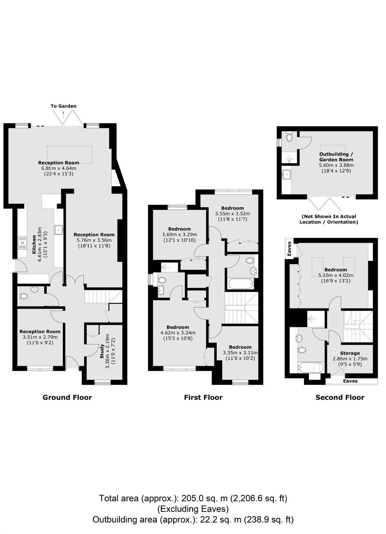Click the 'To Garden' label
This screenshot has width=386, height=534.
coord(64,106)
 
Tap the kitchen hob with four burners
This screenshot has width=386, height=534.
coord(23,242)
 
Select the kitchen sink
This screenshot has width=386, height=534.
coord(58,230)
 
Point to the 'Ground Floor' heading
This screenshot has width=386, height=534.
coord(67,397)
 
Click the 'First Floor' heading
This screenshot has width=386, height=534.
coord(203,397)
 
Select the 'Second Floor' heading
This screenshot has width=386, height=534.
coord(340,397)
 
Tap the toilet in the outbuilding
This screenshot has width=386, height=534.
coord(289,137)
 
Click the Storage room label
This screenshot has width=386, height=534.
coord(350,353)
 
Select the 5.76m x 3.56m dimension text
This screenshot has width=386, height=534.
coord(94,240)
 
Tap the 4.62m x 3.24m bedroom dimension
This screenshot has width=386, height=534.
coord(178,333)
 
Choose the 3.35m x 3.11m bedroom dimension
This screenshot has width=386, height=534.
coord(240,353)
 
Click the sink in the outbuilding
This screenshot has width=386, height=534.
coord(286,174)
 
